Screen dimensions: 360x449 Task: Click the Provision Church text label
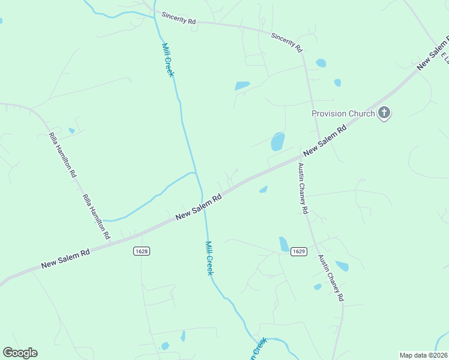(343, 113)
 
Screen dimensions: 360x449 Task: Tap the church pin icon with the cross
(384, 113)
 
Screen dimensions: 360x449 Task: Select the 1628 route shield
(142, 251)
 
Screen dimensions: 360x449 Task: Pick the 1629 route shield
(299, 251)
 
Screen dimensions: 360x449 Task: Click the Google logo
(20, 353)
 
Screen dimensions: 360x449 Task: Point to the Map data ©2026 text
(424, 355)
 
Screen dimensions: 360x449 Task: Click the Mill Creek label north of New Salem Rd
(167, 59)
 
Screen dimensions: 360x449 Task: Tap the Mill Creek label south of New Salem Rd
(209, 258)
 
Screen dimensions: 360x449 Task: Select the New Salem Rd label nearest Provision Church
(325, 139)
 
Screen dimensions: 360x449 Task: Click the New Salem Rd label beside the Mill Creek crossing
(199, 206)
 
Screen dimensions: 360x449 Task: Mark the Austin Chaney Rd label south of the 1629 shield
(331, 278)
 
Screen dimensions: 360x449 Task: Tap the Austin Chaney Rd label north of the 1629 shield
(303, 189)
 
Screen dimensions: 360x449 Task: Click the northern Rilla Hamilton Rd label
(62, 155)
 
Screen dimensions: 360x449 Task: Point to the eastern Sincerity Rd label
(286, 43)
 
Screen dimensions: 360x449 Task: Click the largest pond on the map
(277, 142)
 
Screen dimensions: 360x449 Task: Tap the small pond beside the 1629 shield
(284, 244)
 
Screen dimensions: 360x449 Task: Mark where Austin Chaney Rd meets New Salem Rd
(300, 159)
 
